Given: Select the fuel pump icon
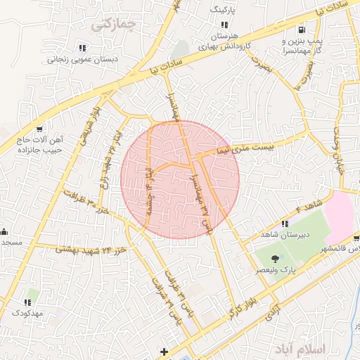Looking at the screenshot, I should tap(302, 30).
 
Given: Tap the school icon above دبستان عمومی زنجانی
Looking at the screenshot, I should tap(82, 48).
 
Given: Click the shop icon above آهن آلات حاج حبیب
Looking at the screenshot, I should tap(39, 129).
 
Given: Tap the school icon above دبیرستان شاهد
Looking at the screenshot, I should tap(284, 224).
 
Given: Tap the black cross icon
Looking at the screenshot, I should tap(165, 351).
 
